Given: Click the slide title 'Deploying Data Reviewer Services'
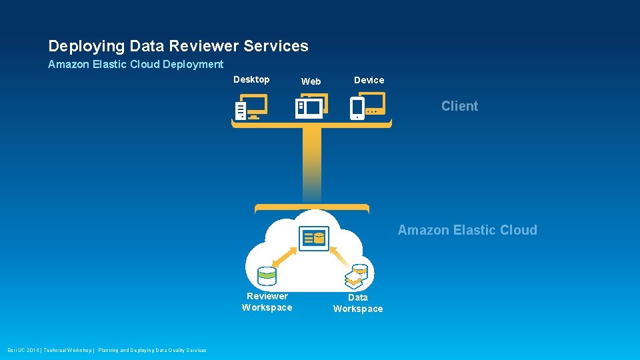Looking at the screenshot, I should (x=178, y=46).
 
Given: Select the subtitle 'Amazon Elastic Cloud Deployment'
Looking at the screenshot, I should (x=135, y=65).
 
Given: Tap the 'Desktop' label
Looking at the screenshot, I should (x=251, y=79).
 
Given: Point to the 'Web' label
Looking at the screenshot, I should (x=311, y=81).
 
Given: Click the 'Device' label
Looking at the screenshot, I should (x=369, y=80).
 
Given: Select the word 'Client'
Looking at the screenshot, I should (x=459, y=106).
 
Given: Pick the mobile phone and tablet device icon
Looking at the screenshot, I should (x=365, y=107).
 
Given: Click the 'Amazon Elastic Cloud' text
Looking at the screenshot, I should (x=467, y=230).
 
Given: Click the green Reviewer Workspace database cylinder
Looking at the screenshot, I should (x=267, y=275).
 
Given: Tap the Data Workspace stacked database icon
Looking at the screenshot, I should (x=357, y=275).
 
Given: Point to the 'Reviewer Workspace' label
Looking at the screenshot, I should (x=267, y=302).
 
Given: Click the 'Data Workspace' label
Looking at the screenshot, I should (x=358, y=303).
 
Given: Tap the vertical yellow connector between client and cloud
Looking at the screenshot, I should (x=311, y=163).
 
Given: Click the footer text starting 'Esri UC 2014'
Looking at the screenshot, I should (x=107, y=350).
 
